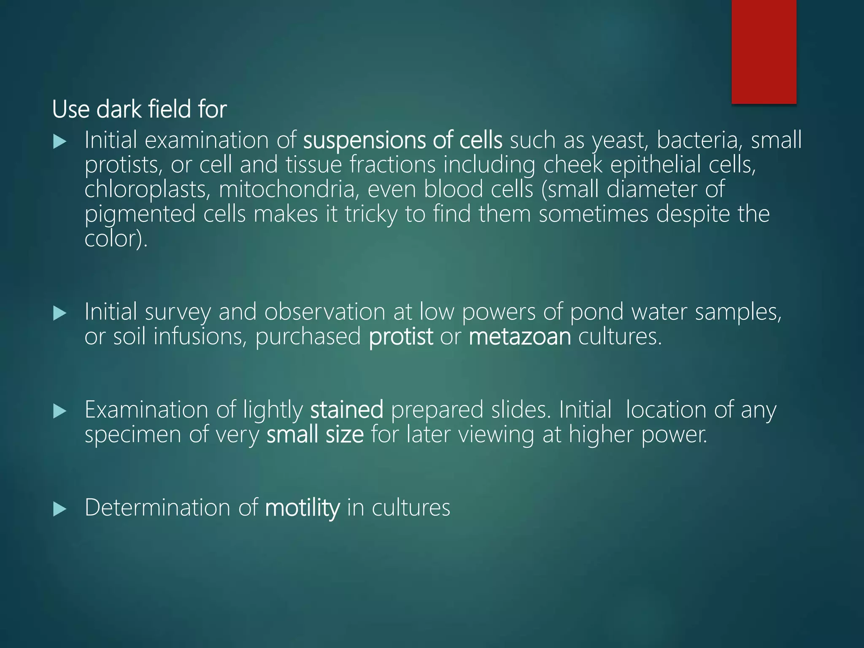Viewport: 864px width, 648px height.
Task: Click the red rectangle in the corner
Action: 764,51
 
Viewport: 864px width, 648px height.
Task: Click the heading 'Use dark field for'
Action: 139,109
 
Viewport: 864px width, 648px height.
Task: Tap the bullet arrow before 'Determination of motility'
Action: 60,509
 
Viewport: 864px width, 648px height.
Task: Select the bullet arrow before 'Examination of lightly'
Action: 60,411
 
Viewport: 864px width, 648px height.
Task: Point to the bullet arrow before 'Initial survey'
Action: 60,313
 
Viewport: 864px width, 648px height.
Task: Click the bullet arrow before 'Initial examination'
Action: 60,142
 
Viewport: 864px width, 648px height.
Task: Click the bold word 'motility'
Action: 302,508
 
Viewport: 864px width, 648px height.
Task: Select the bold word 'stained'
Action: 346,410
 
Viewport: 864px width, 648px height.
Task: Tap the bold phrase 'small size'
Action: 315,435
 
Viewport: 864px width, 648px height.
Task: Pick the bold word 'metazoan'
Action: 519,337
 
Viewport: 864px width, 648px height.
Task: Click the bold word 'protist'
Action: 400,337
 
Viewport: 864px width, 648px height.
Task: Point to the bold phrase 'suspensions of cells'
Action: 402,140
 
